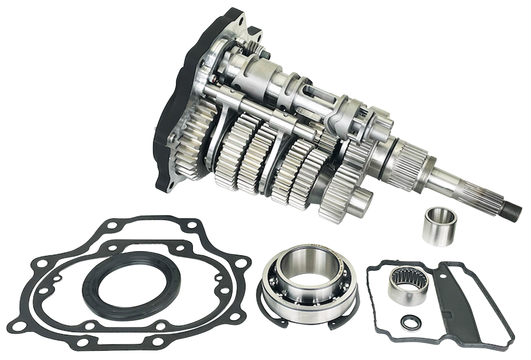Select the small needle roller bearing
pos(403,282)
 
